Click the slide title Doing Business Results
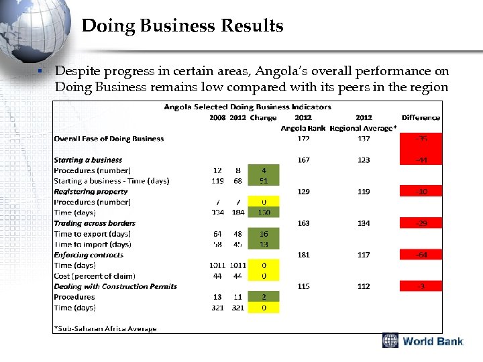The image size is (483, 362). click(182, 26)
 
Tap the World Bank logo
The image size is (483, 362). click(423, 341)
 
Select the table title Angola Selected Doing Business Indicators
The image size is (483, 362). click(248, 107)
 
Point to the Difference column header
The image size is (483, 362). click(421, 117)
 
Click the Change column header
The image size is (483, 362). click(263, 117)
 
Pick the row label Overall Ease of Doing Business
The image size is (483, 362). click(109, 139)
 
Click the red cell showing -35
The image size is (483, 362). click(421, 139)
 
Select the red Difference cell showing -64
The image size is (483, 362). click(421, 255)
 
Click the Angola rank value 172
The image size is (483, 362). click(303, 139)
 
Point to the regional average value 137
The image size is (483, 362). click(363, 139)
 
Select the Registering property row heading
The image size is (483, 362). click(91, 191)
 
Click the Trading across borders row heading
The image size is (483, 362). click(95, 223)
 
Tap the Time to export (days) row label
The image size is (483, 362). click(93, 234)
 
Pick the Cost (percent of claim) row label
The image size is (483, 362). click(95, 276)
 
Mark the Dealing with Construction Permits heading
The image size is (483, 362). click(115, 286)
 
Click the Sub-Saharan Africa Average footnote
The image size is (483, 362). click(105, 328)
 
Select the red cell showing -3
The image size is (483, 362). click(421, 286)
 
